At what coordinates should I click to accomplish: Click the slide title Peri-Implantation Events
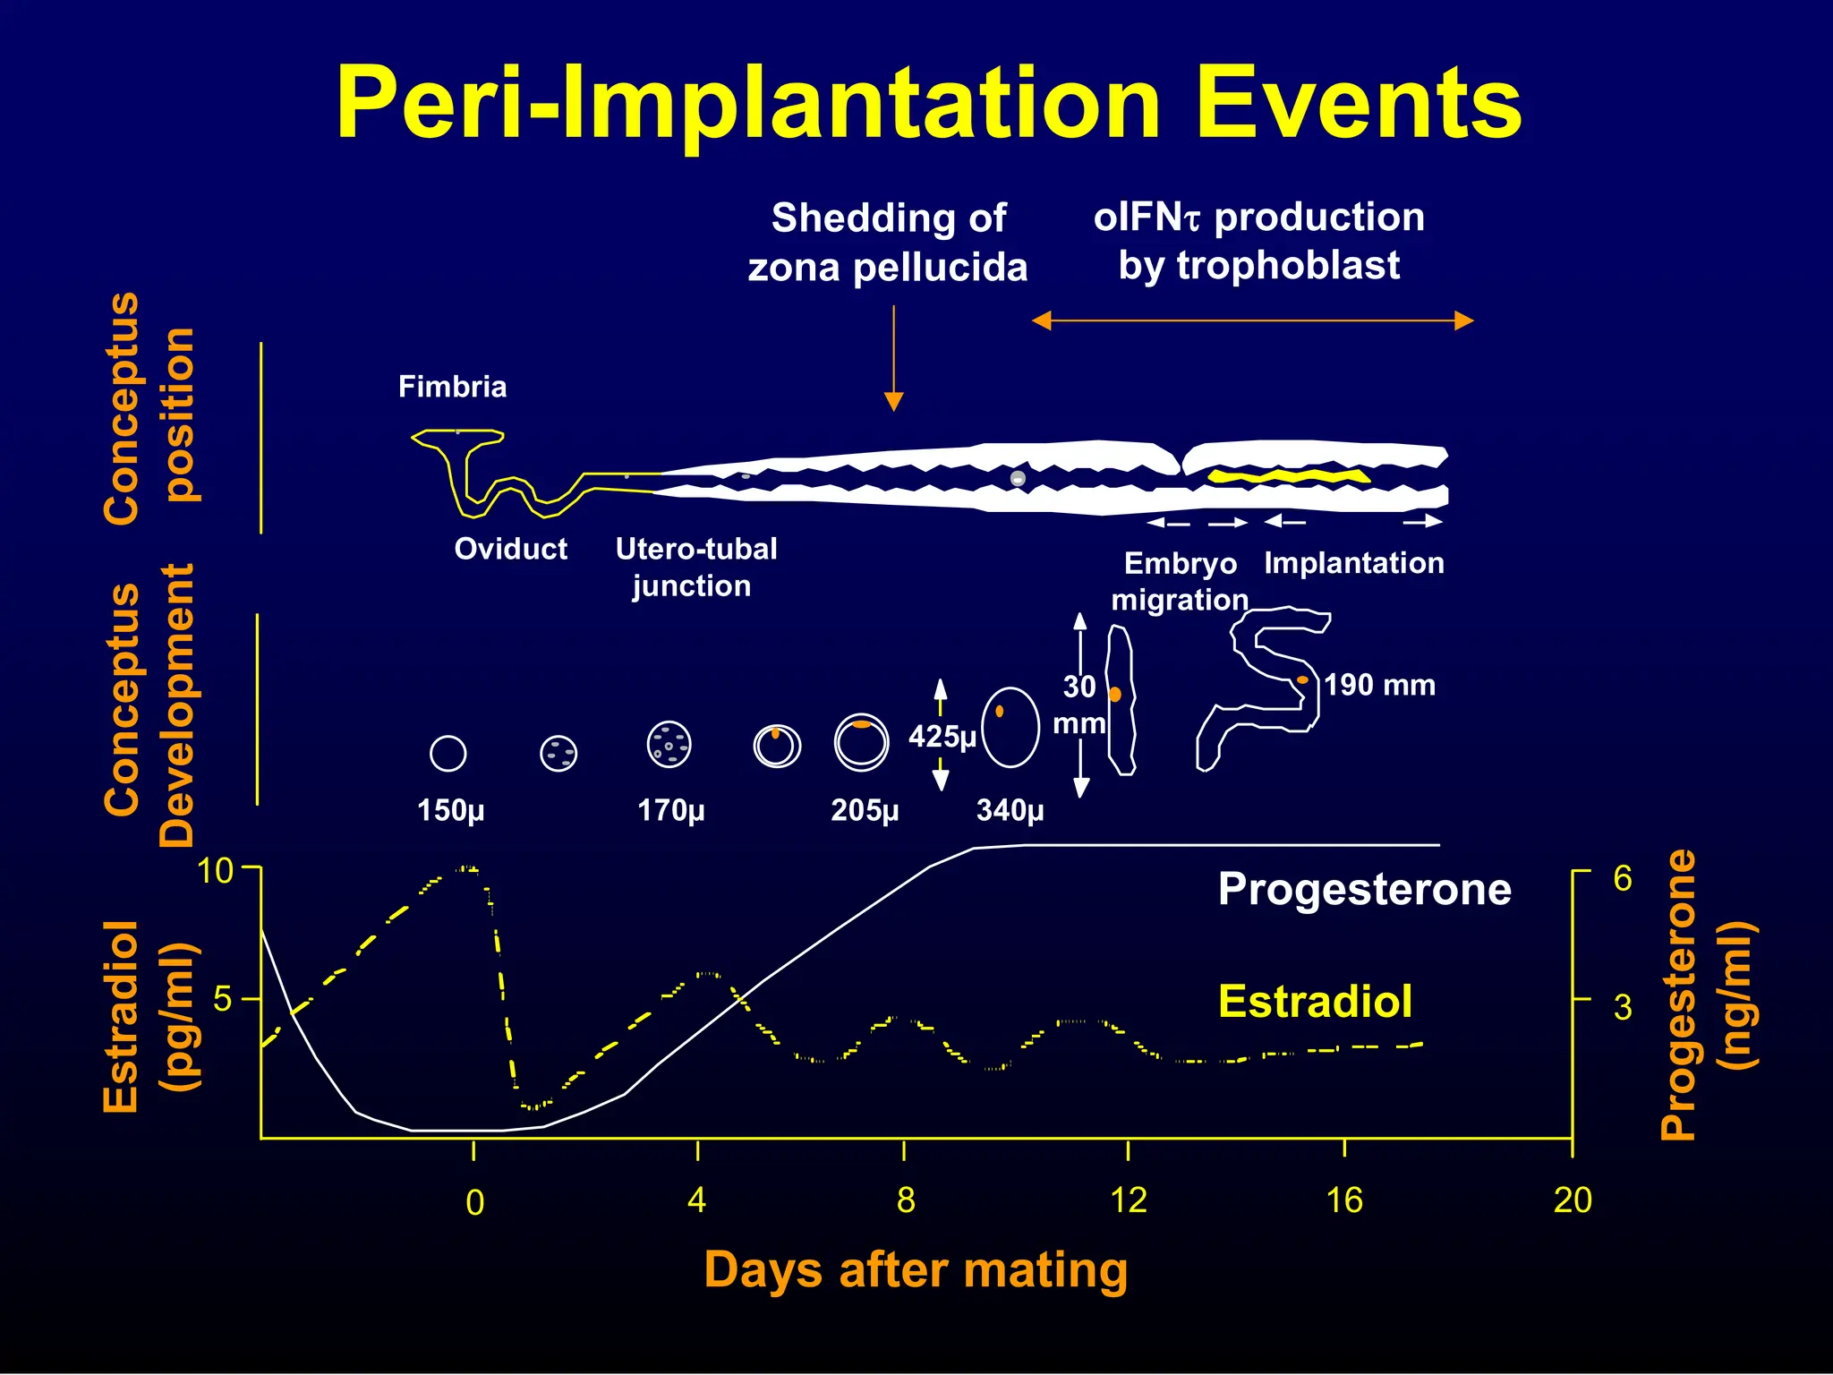(928, 104)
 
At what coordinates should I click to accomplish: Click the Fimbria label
(452, 387)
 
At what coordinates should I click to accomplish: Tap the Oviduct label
(510, 549)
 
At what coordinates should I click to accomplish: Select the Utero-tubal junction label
(695, 567)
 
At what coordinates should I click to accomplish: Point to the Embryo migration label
(1180, 581)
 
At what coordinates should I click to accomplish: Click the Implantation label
(1353, 563)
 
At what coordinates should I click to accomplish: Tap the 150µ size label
(450, 810)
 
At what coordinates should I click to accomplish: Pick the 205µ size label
(865, 810)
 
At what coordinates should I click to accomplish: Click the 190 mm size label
(1379, 686)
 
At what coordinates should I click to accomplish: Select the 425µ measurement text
(942, 737)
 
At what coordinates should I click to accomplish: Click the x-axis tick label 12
(1128, 1200)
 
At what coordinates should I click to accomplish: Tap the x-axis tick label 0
(474, 1202)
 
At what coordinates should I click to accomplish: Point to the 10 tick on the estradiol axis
(215, 870)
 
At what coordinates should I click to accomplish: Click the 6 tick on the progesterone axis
(1622, 879)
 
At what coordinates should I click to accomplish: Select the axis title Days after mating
(916, 1270)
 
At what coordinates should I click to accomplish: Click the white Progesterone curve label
(1364, 890)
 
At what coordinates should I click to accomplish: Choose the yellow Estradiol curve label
(1315, 1001)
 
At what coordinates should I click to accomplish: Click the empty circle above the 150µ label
(448, 753)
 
